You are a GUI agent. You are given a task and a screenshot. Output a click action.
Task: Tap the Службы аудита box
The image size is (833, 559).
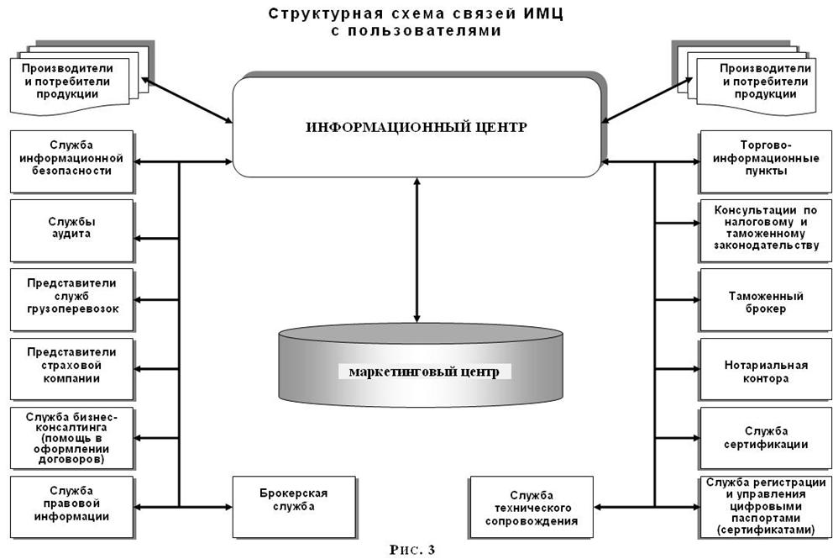pyautogui.click(x=71, y=229)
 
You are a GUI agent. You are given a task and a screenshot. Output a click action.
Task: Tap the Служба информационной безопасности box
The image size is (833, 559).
pyautogui.click(x=71, y=159)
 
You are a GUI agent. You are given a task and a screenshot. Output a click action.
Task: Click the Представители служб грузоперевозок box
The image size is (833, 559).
pyautogui.click(x=71, y=298)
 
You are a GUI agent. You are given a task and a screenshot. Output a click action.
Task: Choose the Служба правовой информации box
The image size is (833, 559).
pyautogui.click(x=71, y=506)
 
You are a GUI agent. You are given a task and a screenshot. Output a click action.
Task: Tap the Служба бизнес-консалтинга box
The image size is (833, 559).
pyautogui.click(x=71, y=437)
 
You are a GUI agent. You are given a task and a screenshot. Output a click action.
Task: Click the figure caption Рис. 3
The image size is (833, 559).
pyautogui.click(x=412, y=550)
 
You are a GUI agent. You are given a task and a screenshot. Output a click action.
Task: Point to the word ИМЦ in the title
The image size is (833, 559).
pyautogui.click(x=546, y=14)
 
